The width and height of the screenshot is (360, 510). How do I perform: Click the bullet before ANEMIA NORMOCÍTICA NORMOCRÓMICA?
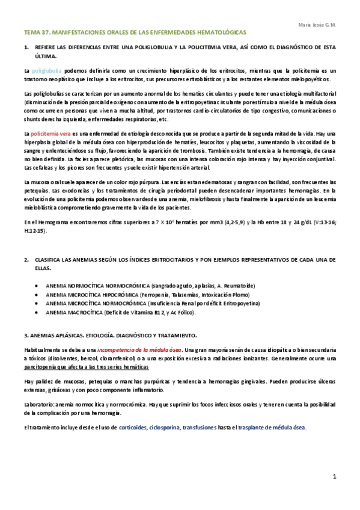[x=38, y=286]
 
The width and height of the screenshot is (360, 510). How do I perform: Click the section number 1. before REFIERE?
[x=26, y=47]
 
